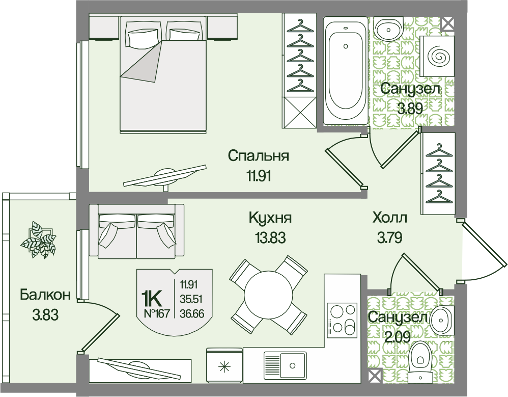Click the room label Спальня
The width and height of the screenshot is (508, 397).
[258, 155]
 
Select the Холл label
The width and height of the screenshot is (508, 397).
[390, 217]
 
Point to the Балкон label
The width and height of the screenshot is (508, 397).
[45, 295]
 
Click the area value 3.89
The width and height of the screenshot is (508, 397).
[410, 109]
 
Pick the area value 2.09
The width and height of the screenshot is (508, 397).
[397, 337]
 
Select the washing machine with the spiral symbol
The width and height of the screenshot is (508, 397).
[437, 56]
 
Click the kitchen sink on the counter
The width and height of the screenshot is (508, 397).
[285, 365]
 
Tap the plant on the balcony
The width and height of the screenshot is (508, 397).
[38, 240]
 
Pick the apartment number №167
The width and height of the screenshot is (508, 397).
[156, 313]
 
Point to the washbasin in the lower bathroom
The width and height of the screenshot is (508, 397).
[441, 320]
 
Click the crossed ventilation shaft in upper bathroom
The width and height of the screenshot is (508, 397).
[448, 23]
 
